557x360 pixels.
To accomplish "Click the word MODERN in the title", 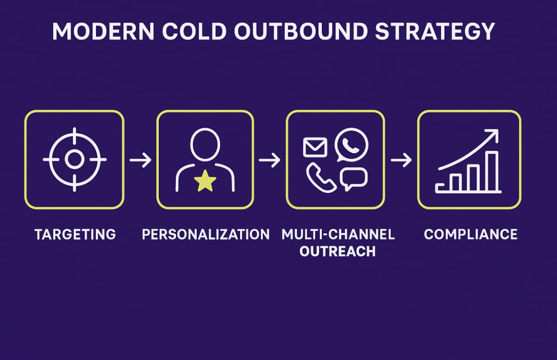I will coord(102,32).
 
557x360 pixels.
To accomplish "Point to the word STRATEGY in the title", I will coord(435,32).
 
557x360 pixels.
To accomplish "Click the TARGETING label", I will coord(75,234).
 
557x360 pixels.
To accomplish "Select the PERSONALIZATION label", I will coord(205,234).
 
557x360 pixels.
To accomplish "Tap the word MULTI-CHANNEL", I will coord(338,234).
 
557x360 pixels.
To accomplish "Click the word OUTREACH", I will coord(337,252).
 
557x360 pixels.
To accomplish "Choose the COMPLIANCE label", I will coord(470,234).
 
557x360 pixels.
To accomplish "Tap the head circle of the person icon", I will coord(205,144).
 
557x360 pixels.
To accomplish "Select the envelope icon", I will coord(315,147).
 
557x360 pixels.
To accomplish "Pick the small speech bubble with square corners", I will coord(353,179).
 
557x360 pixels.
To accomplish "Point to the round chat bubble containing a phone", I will coord(352,144).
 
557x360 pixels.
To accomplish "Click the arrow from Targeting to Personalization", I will coord(140,160).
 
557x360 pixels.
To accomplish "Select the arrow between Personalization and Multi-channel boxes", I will coord(269,160).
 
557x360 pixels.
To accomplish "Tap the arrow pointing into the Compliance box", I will coord(401,160).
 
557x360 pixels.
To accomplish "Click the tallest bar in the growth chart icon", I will coord(492,171).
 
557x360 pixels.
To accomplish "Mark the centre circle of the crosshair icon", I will coord(74,160).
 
